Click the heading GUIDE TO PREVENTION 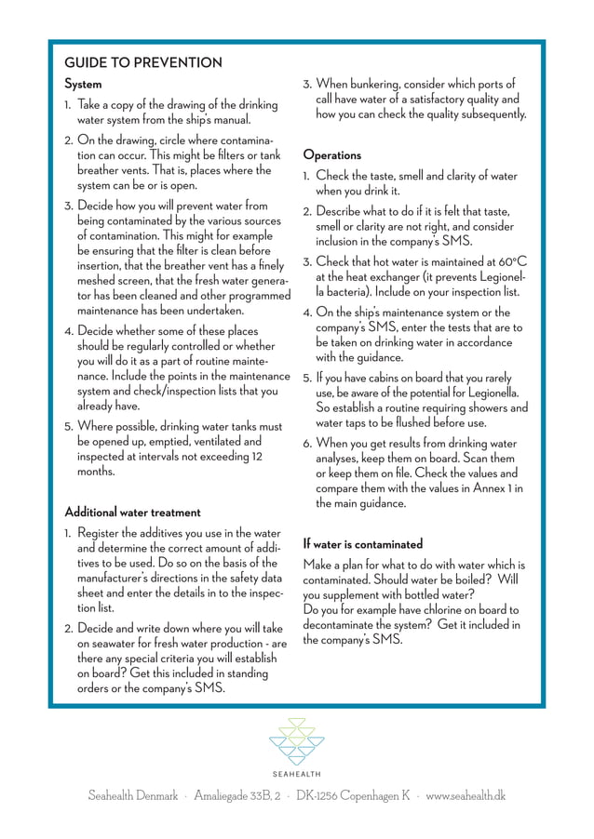pyautogui.click(x=142, y=63)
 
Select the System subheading pyautogui.click(x=83, y=85)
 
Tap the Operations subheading pyautogui.click(x=331, y=155)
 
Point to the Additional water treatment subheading pyautogui.click(x=132, y=513)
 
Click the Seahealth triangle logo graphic pyautogui.click(x=297, y=740)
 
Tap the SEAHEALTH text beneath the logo pyautogui.click(x=297, y=774)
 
